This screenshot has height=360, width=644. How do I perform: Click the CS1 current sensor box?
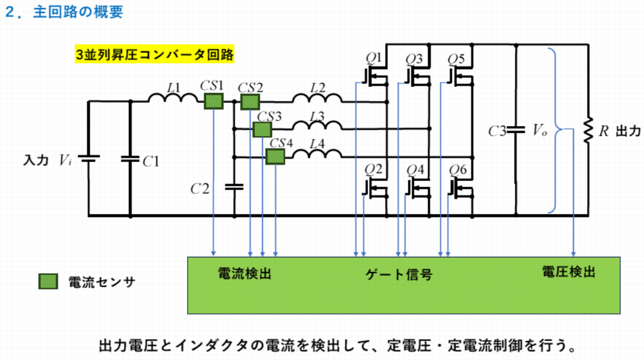point(214,101)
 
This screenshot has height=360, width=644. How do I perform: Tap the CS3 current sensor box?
point(262,129)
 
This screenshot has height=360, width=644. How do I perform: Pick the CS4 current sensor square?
point(275,157)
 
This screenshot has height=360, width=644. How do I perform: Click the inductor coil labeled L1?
point(173,100)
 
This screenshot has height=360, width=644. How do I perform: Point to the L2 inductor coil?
point(317,100)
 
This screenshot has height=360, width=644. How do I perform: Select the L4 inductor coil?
point(317,155)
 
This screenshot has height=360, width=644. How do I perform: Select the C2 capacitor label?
point(199,187)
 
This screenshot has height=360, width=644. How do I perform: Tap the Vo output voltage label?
point(540,130)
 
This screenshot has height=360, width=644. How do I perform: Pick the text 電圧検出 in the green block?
point(568,272)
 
